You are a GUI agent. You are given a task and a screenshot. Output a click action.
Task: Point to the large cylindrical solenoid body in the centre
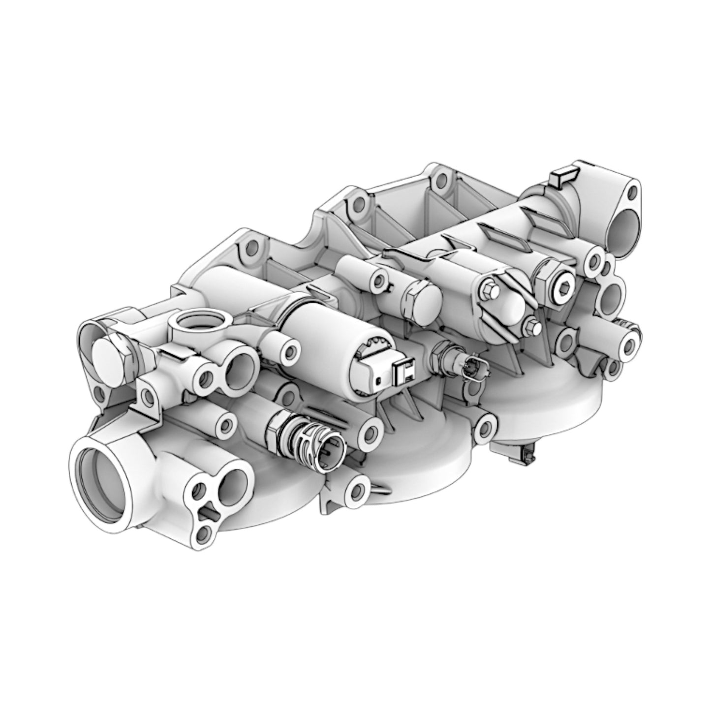coord(325,335)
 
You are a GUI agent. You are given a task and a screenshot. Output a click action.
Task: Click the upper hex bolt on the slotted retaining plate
coord(489,291)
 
